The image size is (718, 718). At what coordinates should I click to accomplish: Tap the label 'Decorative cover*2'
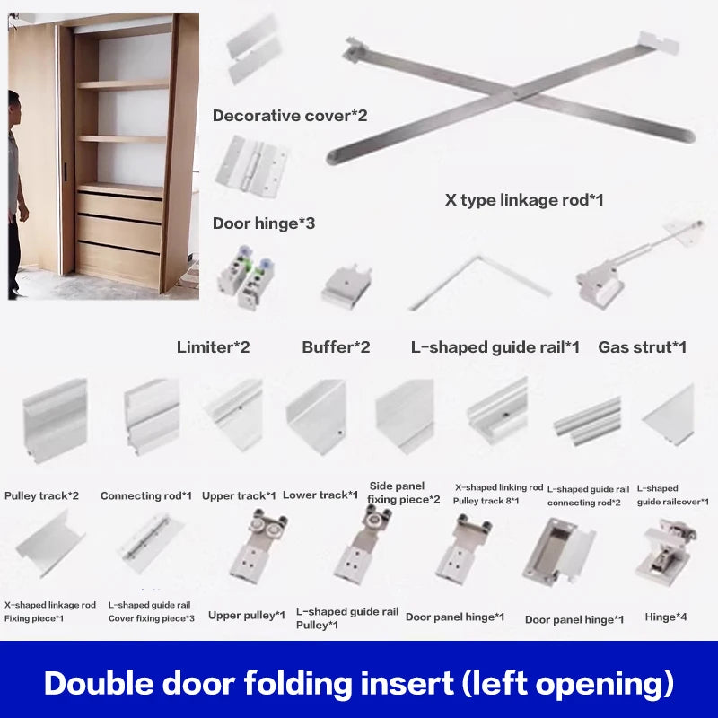(289, 116)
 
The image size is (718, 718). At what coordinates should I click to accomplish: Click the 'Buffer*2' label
(336, 347)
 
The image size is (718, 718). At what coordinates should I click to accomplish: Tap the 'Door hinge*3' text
(263, 223)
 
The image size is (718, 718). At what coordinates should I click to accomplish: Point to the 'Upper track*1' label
(239, 495)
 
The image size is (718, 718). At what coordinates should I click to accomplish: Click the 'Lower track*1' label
(320, 495)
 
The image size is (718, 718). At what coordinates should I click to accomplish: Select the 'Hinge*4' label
(666, 617)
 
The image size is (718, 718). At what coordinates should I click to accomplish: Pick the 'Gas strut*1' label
(643, 347)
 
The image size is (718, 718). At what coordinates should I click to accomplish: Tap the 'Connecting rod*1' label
(146, 495)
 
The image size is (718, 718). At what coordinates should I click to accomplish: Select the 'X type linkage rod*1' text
(524, 199)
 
